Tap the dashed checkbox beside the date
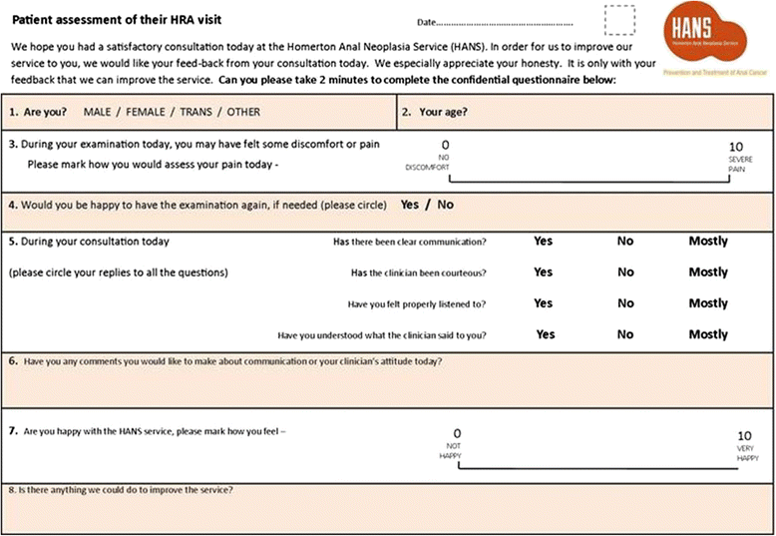coord(619,19)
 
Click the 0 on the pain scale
coord(445,146)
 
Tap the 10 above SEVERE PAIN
coord(737,146)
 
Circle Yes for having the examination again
coord(410,205)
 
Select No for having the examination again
coord(445,205)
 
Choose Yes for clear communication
coord(543,241)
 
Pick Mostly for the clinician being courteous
coord(708,271)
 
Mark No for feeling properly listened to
coord(625,303)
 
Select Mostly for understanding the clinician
coord(708,334)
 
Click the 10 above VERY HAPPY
coord(744,435)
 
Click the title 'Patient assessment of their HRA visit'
coord(117,20)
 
